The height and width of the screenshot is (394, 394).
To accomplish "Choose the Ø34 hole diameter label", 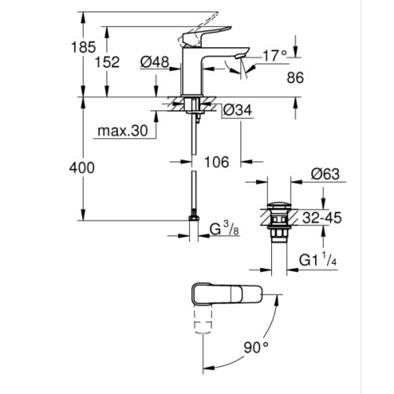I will [239, 111].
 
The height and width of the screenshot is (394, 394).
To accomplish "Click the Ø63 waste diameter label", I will [323, 175].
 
